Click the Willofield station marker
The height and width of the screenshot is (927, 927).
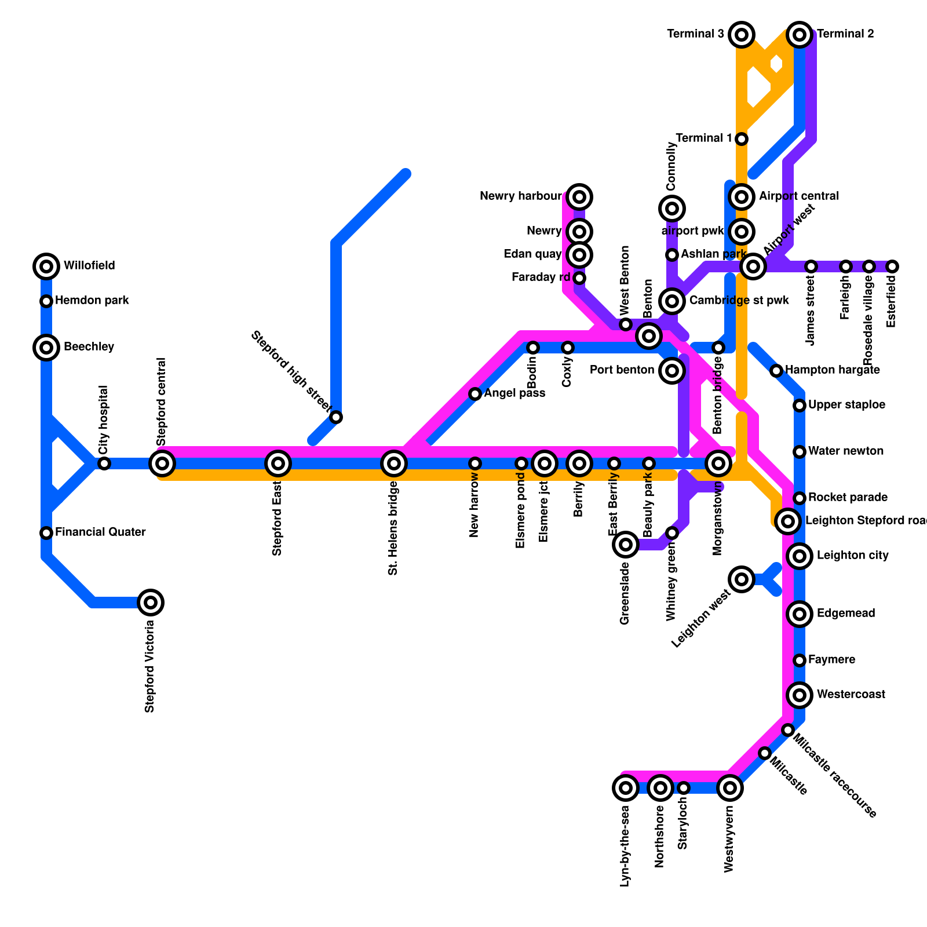(x=46, y=267)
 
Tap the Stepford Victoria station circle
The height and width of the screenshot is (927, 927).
(x=151, y=603)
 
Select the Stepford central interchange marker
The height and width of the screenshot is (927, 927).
(x=162, y=463)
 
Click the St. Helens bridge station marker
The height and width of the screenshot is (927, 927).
(x=394, y=463)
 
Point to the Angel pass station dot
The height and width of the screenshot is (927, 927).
(x=475, y=394)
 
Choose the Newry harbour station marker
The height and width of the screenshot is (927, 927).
(x=579, y=197)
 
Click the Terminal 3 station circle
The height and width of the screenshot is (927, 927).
(x=742, y=35)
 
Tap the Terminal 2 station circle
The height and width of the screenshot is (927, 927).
(x=800, y=35)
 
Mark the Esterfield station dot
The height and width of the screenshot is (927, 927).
(x=892, y=267)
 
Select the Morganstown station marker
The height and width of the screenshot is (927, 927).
(x=718, y=463)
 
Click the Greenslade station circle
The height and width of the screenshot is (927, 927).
(x=626, y=544)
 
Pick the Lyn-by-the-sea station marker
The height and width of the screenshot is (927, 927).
(x=626, y=788)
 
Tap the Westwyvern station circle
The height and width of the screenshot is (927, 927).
(x=730, y=788)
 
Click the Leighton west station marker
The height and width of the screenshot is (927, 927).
(x=742, y=579)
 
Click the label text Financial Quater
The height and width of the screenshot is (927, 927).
(x=100, y=532)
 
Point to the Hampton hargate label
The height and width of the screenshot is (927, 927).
(x=833, y=370)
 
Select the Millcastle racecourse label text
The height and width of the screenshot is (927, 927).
(x=834, y=776)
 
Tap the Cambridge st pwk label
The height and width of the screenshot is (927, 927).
(x=739, y=301)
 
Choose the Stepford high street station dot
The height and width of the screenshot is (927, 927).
(x=336, y=417)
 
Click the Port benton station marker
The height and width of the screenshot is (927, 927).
(x=672, y=370)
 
